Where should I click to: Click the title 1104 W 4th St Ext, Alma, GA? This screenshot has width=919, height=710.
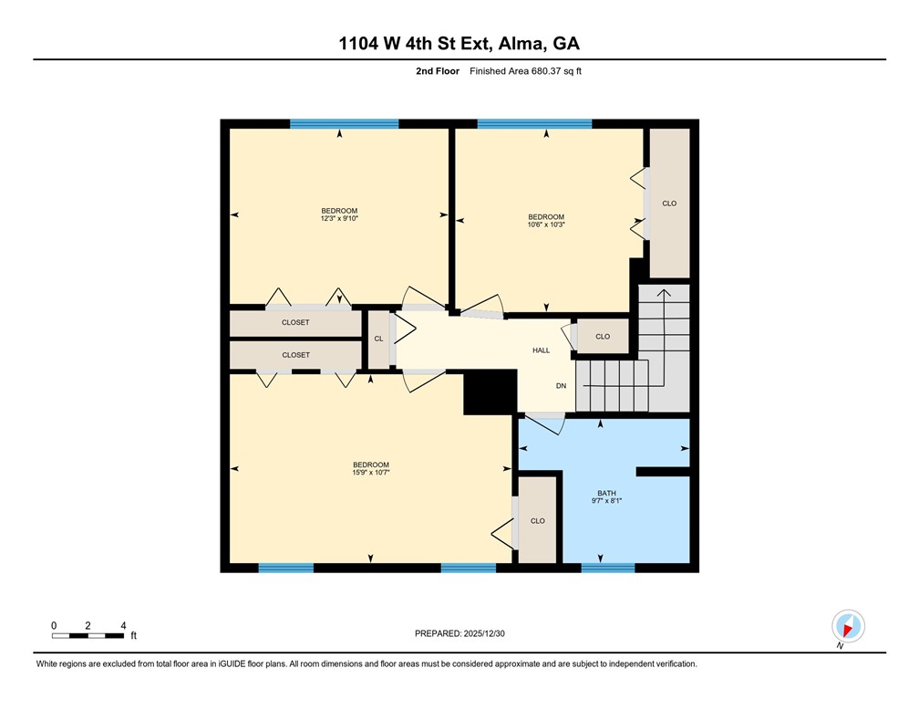[x=459, y=44]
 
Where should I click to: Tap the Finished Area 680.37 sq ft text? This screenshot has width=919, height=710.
[x=525, y=71]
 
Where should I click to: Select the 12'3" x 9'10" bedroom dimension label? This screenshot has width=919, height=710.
[x=339, y=218]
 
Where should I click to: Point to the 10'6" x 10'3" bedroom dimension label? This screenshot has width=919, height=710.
[x=546, y=224]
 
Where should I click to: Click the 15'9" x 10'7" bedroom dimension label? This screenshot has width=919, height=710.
[x=371, y=473]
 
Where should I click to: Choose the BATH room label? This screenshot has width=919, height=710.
[x=606, y=494]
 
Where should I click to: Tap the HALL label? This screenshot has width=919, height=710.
[x=541, y=350]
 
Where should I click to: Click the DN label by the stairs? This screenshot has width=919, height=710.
[x=561, y=386]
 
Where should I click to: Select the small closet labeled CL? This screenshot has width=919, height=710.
[x=378, y=339]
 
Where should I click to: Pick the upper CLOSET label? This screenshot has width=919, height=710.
[x=295, y=323]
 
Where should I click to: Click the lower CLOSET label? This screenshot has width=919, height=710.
[x=296, y=355]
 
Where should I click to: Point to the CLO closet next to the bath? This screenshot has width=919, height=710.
[x=538, y=520]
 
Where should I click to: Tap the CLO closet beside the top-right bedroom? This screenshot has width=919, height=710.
[x=669, y=203]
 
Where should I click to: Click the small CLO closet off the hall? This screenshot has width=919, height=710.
[x=604, y=336]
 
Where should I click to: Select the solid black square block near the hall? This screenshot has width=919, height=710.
[x=490, y=392]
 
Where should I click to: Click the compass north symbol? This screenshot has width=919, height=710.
[x=848, y=627]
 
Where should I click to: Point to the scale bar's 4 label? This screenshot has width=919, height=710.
[x=123, y=625]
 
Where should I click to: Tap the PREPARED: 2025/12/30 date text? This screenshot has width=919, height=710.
[x=459, y=633]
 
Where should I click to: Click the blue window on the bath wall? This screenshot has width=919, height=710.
[x=608, y=568]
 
